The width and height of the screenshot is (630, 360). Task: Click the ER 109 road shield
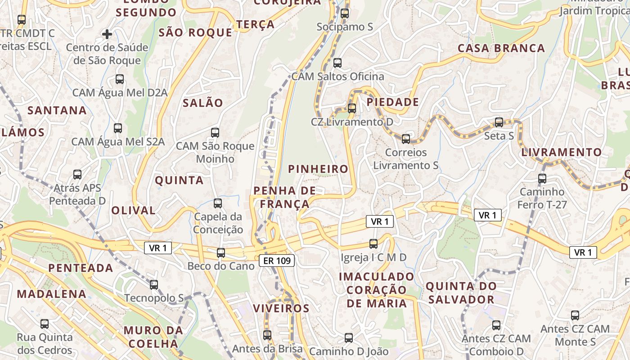pyautogui.click(x=277, y=260)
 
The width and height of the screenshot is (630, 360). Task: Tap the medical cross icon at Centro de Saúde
pyautogui.click(x=107, y=34)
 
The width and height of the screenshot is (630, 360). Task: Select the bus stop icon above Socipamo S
pyautogui.click(x=345, y=13)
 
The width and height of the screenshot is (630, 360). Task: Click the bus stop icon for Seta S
pyautogui.click(x=499, y=122)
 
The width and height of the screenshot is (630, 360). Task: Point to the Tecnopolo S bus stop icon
pyautogui.click(x=154, y=284)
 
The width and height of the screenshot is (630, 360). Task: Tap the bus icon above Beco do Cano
pyautogui.click(x=220, y=252)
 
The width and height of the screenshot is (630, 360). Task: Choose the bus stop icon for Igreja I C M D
pyautogui.click(x=373, y=243)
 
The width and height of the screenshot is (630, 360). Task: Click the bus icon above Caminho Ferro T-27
pyautogui.click(x=542, y=178)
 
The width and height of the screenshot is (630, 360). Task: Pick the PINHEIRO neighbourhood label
pyautogui.click(x=318, y=169)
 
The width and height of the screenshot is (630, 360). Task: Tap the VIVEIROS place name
pyautogui.click(x=281, y=308)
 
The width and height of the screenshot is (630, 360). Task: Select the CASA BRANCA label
pyautogui.click(x=501, y=48)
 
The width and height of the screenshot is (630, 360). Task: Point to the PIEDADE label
pyautogui.click(x=393, y=102)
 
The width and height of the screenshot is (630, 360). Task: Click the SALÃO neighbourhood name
pyautogui.click(x=203, y=103)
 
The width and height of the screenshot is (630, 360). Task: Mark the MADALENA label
pyautogui.click(x=51, y=294)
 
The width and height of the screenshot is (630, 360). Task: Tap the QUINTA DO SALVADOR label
pyautogui.click(x=461, y=292)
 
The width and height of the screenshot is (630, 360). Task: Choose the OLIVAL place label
pyautogui.click(x=133, y=210)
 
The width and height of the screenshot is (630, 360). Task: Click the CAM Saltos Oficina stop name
pyautogui.click(x=338, y=76)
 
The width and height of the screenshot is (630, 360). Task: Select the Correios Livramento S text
pyautogui.click(x=406, y=159)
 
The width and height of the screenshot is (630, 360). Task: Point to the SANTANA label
pyautogui.click(x=57, y=110)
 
